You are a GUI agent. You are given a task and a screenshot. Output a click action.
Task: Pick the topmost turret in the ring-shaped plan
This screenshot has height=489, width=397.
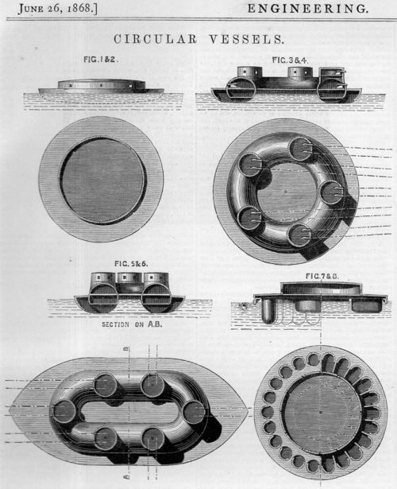[x=299, y=149]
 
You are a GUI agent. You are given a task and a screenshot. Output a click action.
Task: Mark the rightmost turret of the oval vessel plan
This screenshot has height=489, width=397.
[x=193, y=411]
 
